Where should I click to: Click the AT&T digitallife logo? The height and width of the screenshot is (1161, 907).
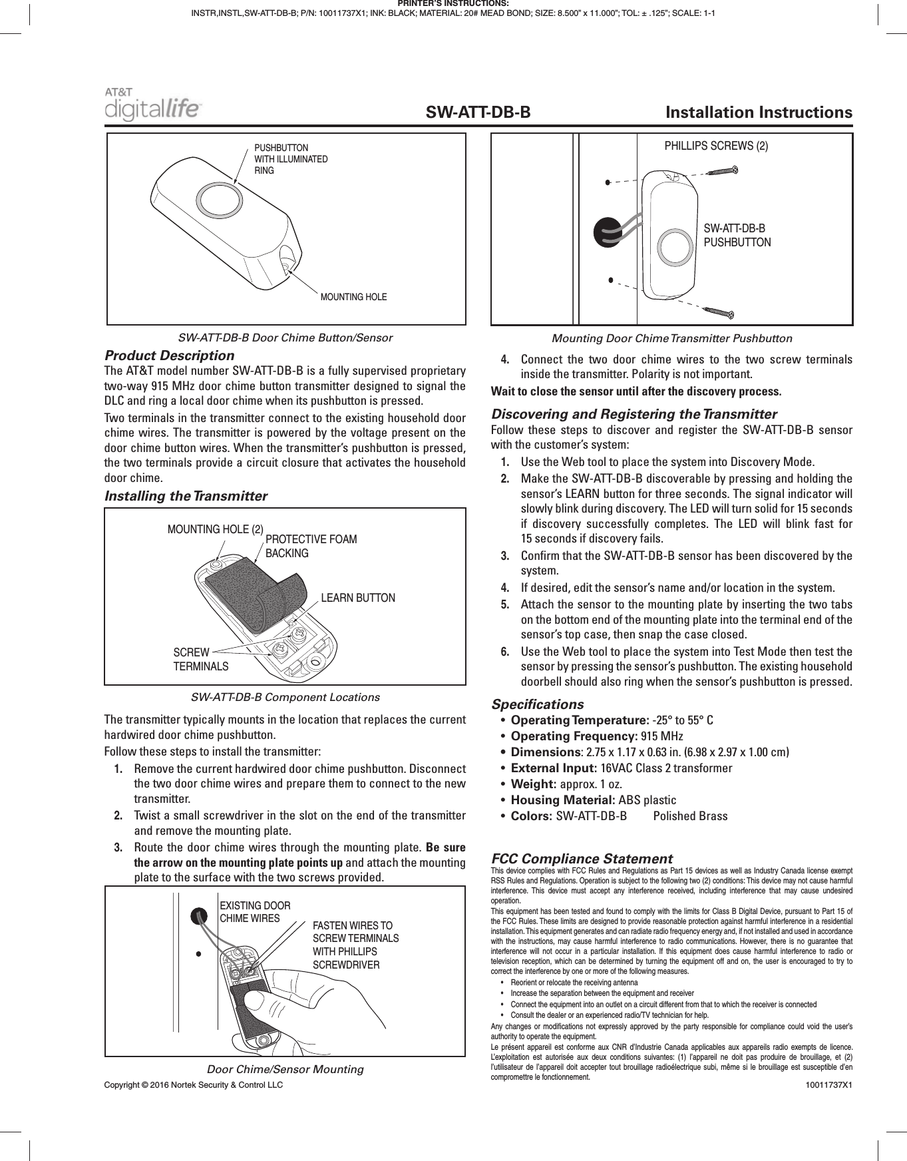[152, 105]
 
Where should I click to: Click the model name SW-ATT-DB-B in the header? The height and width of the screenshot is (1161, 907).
[478, 113]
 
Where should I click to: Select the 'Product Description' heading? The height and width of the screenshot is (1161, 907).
[170, 355]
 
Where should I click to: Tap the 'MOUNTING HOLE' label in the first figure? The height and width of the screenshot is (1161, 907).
[353, 297]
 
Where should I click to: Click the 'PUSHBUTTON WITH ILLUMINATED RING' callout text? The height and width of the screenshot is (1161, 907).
[291, 159]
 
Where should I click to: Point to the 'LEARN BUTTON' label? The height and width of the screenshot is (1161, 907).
[358, 598]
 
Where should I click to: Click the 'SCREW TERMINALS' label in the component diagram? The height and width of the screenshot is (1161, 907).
[200, 659]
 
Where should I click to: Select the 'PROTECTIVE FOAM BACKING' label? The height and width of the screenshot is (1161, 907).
[311, 546]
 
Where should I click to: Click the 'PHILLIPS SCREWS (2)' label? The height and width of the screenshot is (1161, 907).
[716, 146]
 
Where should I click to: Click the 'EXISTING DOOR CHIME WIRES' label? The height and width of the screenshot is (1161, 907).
[254, 912]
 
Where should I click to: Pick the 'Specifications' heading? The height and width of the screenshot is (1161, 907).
[537, 704]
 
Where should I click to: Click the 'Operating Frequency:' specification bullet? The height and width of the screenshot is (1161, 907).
[573, 736]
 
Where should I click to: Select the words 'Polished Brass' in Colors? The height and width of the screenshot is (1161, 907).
[690, 816]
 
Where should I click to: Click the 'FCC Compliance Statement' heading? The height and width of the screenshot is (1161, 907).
[582, 859]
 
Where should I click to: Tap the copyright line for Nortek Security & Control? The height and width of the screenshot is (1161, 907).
[193, 1084]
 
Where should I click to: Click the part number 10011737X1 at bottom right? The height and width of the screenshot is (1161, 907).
[828, 1085]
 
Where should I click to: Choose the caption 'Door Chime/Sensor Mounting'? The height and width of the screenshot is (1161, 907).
[285, 1069]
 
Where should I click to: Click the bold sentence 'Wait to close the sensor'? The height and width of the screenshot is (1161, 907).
[635, 391]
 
